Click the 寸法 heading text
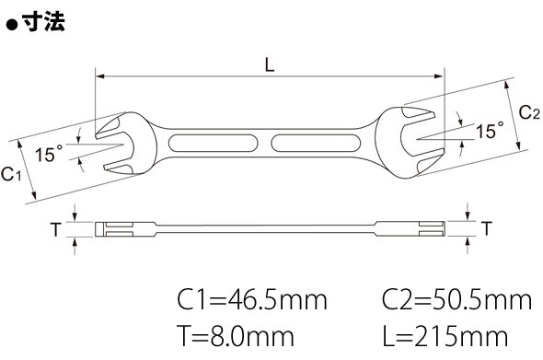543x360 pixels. (x=43, y=22)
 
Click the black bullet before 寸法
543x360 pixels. (x=13, y=26)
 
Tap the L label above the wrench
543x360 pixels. (x=270, y=64)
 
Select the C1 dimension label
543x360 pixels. (x=11, y=174)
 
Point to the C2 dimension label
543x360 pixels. (x=529, y=112)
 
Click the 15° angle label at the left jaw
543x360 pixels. (x=49, y=154)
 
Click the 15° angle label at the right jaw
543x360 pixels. (x=490, y=130)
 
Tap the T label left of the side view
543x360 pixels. (x=56, y=229)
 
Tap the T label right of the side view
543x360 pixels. (x=487, y=228)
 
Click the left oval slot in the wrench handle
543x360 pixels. (x=213, y=143)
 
